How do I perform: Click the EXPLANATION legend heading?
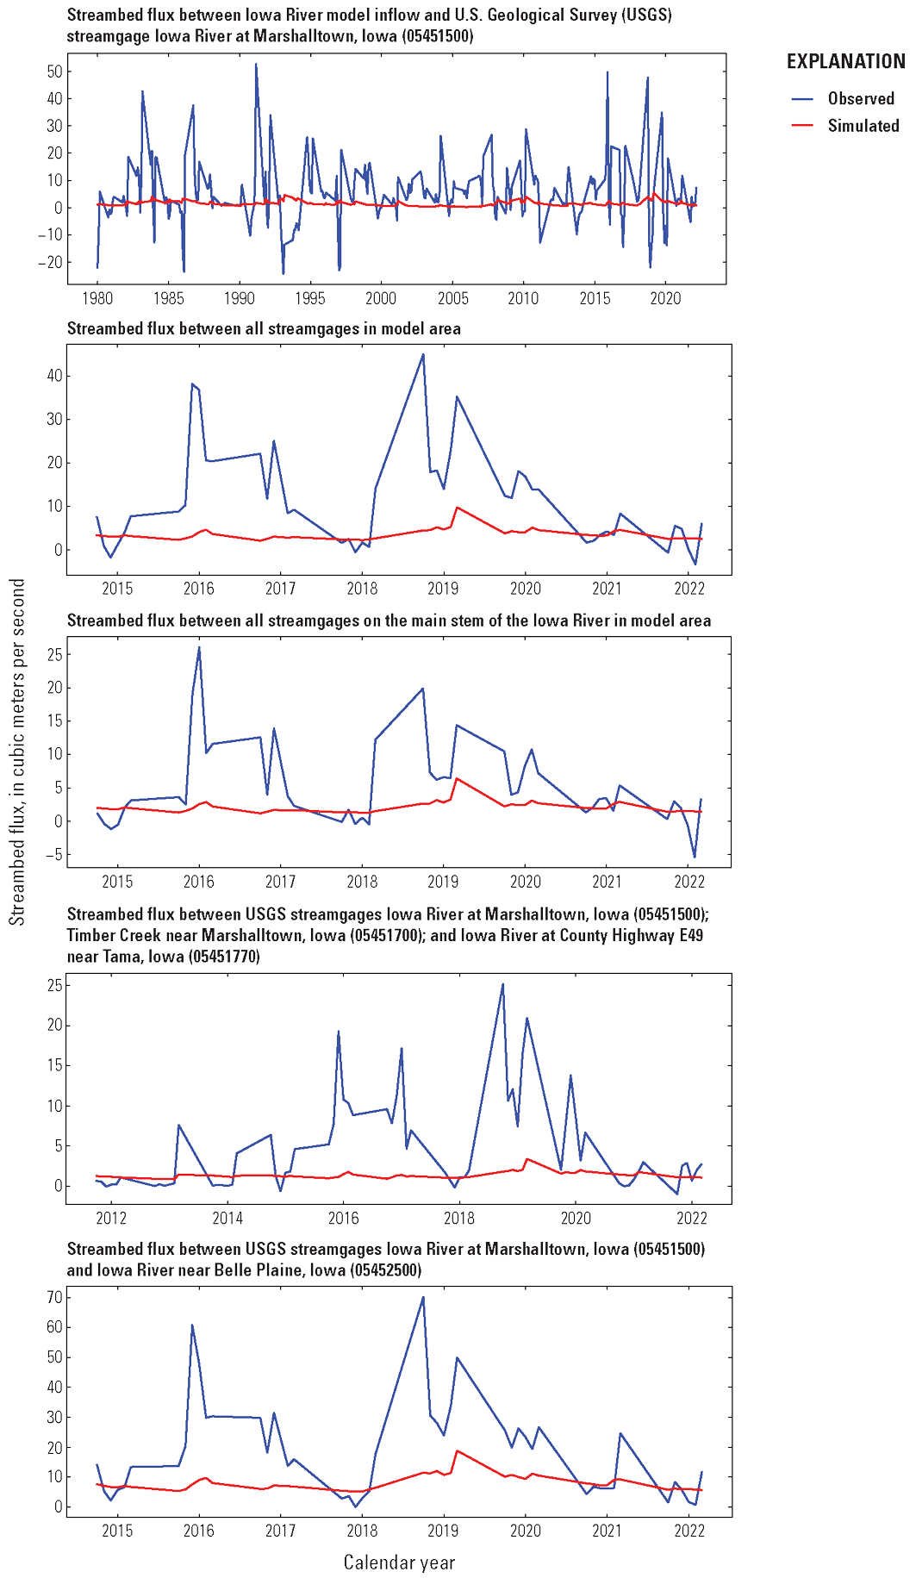[x=845, y=61]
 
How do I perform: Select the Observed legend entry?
[x=861, y=98]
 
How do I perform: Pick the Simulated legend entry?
[x=863, y=126]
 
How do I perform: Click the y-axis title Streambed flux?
[x=17, y=752]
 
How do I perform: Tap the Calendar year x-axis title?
[x=399, y=1562]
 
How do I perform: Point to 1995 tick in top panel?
[x=310, y=298]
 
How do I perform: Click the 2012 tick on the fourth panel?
[x=111, y=1218]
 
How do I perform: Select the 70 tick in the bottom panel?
[x=53, y=1297]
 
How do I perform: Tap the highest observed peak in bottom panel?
[x=423, y=1297]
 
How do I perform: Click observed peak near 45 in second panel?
[x=423, y=354]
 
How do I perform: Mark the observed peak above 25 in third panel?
[x=199, y=647]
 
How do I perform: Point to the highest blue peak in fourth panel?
[x=503, y=984]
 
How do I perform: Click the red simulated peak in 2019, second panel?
[x=456, y=508]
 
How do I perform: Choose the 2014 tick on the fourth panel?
[x=227, y=1218]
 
